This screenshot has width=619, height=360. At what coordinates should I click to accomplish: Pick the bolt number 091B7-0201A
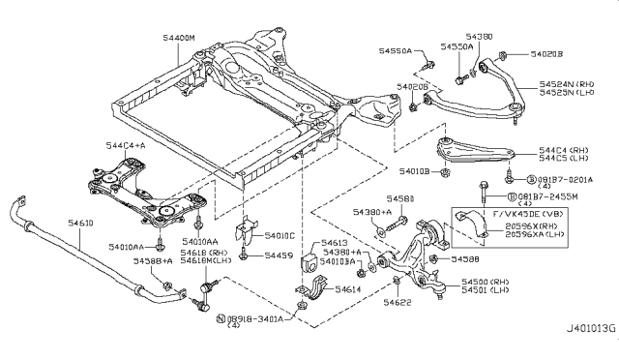coord(567,179)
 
